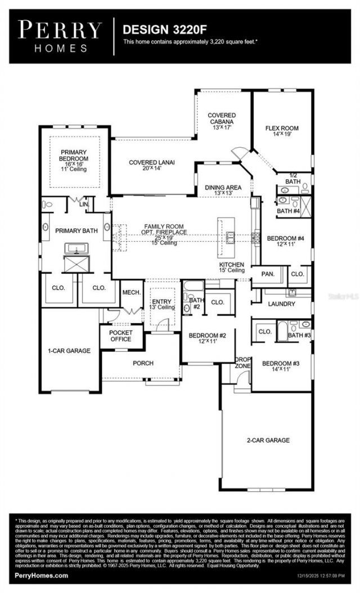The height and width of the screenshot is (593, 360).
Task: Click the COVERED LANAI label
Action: coord(151,162)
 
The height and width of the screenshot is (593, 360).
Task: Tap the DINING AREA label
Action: coord(223,187)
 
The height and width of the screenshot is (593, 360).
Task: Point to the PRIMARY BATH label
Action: coord(76,231)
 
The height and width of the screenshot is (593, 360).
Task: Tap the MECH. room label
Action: coord(132,292)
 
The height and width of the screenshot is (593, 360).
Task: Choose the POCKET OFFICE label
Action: coord(121,336)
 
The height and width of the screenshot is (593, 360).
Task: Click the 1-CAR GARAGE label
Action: coord(69,351)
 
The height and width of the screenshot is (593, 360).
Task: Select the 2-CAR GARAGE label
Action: coord(268,440)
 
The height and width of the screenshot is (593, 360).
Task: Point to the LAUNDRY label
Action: coord(281,304)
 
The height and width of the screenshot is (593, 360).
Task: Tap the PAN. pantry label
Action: coord(268,274)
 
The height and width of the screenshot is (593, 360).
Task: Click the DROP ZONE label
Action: coord(242,363)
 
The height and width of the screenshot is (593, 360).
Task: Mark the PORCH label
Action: coord(143,363)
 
